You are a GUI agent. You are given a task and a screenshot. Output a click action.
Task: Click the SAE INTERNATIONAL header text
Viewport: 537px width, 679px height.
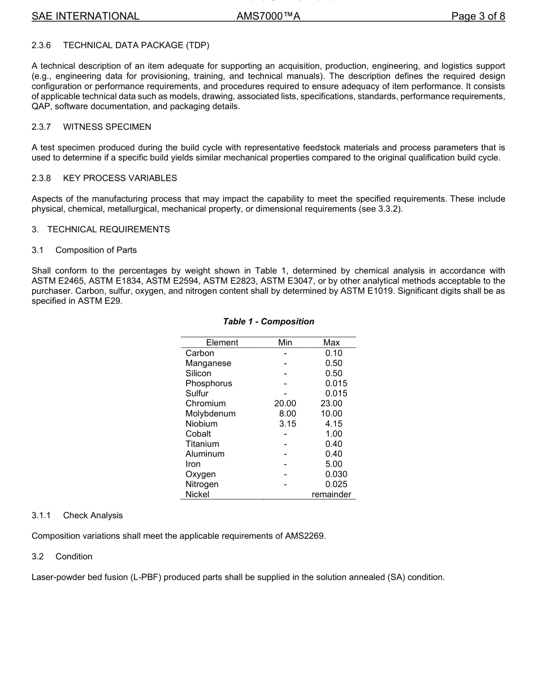point(85,16)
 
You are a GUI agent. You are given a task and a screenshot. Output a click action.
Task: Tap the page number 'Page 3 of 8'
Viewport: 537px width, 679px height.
point(478,16)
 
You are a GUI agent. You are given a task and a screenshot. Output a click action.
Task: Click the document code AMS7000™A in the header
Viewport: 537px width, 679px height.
point(268,16)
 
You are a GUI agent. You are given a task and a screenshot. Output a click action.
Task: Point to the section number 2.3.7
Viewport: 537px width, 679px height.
point(41,127)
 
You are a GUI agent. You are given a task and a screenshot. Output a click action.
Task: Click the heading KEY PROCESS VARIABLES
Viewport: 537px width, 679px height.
point(120,178)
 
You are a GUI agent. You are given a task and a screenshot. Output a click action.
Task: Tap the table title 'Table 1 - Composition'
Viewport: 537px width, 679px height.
point(268,321)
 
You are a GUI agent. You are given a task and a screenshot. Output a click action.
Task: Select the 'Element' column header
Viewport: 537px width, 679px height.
point(222,342)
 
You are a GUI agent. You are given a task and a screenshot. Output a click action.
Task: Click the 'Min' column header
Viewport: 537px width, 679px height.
point(285,342)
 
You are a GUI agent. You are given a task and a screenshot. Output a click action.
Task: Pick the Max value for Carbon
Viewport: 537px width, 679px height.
point(334,353)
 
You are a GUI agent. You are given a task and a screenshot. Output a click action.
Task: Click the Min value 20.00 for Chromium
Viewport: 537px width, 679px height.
point(285,403)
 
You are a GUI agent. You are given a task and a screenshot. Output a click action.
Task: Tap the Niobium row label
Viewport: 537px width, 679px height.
point(201,424)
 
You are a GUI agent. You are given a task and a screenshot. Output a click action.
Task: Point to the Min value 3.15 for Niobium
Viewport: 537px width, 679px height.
point(287,424)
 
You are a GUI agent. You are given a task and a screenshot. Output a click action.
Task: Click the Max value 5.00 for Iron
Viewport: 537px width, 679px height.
point(334,464)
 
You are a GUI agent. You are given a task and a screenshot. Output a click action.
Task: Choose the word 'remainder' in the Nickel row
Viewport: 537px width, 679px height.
point(331,494)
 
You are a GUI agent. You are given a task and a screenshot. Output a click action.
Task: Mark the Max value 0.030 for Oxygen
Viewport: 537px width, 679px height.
point(336,474)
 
